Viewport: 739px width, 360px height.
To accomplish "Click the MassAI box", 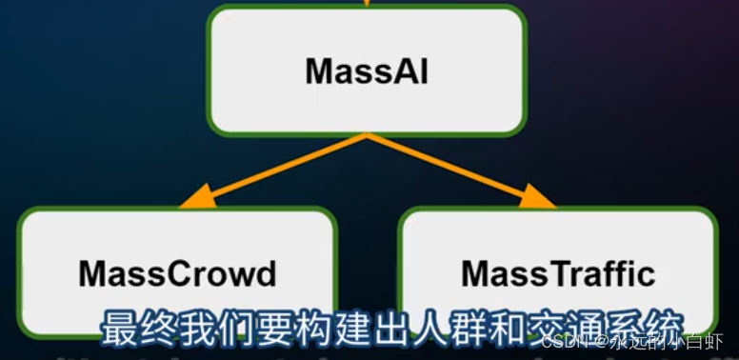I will [367, 70].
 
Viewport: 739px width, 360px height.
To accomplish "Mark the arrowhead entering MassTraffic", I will [540, 201].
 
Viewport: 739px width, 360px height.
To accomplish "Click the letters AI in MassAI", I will [409, 71].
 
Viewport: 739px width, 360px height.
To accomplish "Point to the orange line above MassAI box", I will [367, 3].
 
